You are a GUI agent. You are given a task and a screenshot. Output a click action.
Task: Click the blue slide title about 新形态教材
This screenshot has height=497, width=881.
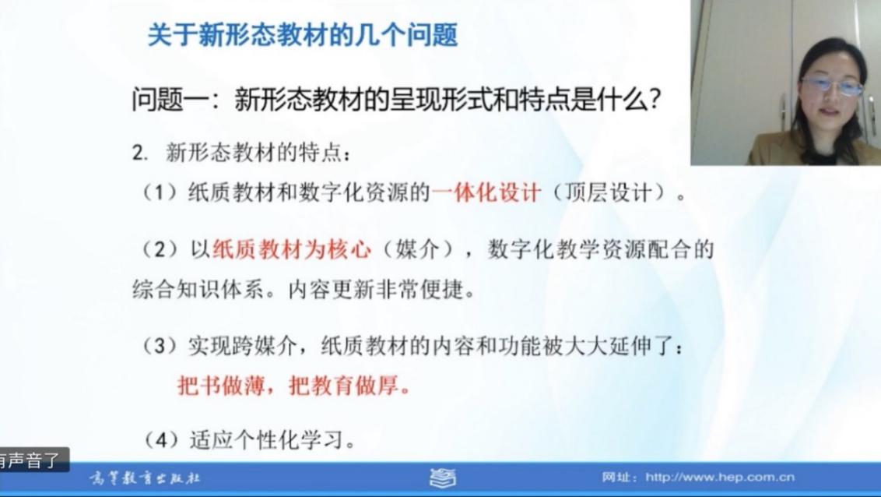tap(303, 35)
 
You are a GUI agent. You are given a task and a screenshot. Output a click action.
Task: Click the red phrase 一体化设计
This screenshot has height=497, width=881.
tap(486, 193)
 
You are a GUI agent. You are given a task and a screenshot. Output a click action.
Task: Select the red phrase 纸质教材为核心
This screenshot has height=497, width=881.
tap(292, 249)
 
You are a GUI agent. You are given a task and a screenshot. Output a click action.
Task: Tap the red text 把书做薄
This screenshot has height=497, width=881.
tap(221, 386)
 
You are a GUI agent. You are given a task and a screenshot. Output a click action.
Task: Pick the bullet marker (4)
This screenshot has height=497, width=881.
tap(160, 439)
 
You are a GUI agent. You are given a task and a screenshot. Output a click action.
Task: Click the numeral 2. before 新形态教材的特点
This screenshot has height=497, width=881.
tap(140, 153)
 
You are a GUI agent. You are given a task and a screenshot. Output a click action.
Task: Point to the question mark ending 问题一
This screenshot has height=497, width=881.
tap(654, 100)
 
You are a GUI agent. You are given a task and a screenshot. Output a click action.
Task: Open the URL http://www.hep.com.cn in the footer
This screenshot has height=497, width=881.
tap(720, 478)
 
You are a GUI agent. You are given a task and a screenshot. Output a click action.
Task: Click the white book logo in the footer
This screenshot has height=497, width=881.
tap(444, 478)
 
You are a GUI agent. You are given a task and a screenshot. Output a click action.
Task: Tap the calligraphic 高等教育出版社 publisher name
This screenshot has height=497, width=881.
tap(145, 478)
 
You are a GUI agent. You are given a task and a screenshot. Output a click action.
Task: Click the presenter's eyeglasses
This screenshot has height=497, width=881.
tap(831, 86)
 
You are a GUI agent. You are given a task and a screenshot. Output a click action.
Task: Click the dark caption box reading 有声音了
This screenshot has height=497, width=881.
tap(33, 460)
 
